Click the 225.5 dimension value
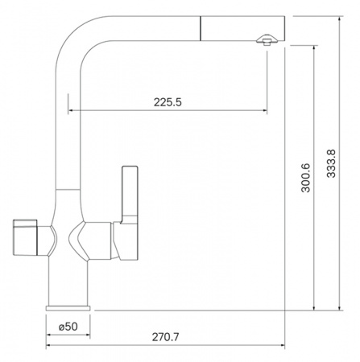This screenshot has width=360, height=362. (x=168, y=102)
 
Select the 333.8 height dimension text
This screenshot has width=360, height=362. (x=331, y=163)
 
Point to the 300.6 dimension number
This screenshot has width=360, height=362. (x=305, y=178)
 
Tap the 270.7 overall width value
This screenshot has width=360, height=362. (x=165, y=337)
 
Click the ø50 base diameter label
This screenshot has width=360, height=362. (x=68, y=327)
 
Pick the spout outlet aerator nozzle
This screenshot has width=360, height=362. (x=266, y=39)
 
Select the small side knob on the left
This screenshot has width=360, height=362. (x=25, y=237)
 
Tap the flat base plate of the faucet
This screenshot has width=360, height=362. (x=68, y=308)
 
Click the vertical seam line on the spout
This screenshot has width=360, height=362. (x=201, y=28)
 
